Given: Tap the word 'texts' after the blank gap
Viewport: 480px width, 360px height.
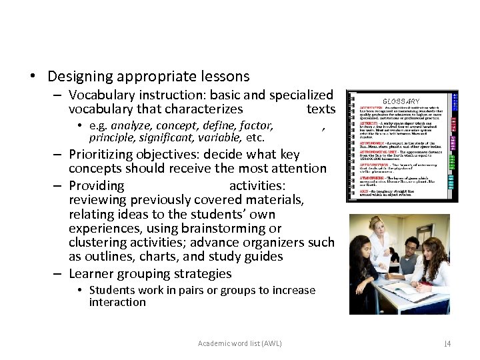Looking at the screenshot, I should point(321,109).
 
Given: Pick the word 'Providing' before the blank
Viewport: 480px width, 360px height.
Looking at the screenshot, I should point(97,185).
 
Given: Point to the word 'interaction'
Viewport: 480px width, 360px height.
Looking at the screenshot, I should point(117,302).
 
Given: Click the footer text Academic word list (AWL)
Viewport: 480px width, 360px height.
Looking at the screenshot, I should point(240,343).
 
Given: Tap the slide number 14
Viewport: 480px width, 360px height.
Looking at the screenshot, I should point(447,343).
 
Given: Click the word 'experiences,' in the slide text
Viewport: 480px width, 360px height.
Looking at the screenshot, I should point(105,229).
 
